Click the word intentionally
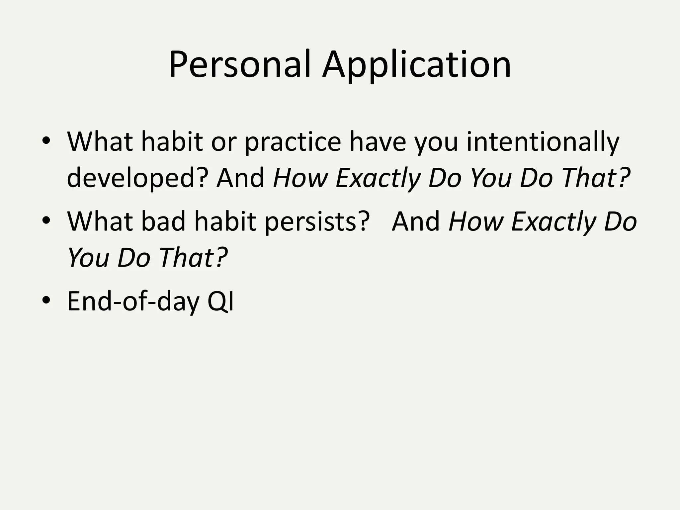[543, 142]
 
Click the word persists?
[317, 221]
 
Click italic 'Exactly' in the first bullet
[378, 178]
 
